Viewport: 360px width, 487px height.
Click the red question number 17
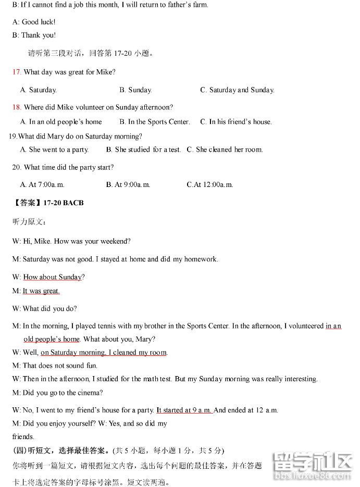point(17,72)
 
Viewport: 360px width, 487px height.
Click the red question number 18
point(17,107)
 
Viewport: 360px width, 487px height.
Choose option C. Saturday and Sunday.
point(237,90)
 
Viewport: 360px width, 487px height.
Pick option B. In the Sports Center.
point(154,122)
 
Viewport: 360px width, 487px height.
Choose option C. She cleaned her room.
point(225,149)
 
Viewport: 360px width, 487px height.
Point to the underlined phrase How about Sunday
point(53,277)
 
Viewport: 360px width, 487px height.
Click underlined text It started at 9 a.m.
point(184,410)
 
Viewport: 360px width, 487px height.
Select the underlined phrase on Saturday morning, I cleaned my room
point(104,353)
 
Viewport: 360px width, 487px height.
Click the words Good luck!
point(39,22)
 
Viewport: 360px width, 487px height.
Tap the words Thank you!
point(39,35)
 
